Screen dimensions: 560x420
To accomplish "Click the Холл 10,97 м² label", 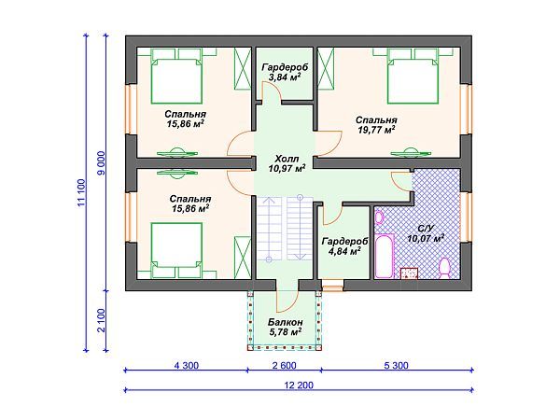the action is (287, 163).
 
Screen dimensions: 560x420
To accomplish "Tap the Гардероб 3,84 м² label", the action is (285, 72).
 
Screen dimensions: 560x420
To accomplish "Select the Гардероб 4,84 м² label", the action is (344, 246).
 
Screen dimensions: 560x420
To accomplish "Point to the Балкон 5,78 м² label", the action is (286, 328).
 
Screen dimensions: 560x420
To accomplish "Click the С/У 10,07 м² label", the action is (426, 233).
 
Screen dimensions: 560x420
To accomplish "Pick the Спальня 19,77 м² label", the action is (376, 125).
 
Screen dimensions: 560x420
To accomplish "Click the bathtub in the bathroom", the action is (384, 256).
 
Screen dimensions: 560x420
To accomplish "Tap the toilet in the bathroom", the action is (444, 268).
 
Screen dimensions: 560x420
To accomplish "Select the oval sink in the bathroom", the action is (379, 217).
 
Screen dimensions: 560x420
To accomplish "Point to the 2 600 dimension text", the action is (285, 365).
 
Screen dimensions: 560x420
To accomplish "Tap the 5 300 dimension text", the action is (397, 365).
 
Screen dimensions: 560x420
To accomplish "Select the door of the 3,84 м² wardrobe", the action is (271, 91).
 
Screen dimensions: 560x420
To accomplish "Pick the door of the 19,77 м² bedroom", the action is (329, 144).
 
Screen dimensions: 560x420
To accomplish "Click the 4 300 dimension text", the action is (187, 365).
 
